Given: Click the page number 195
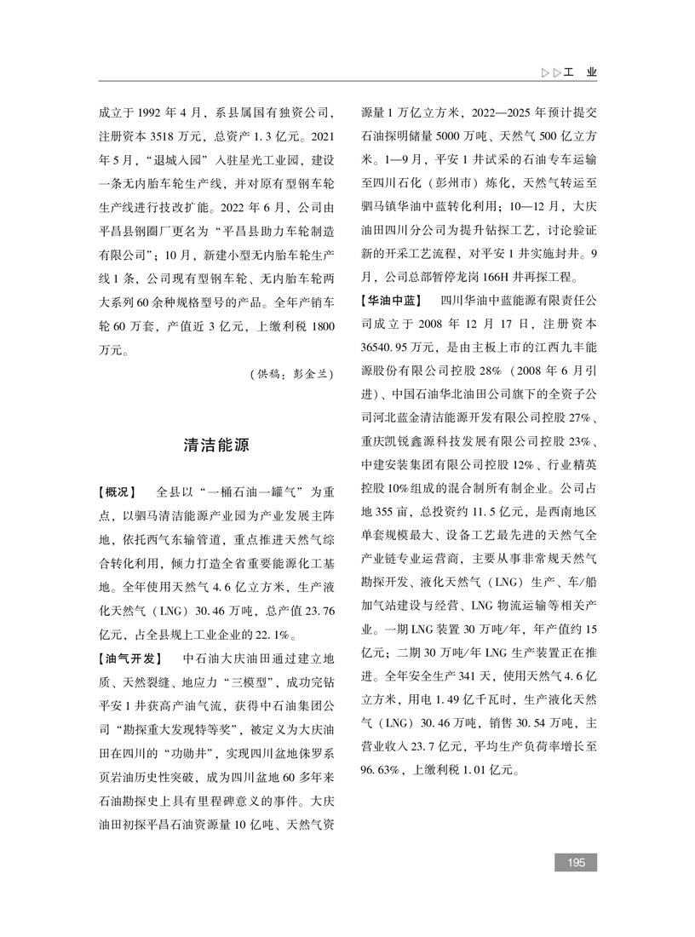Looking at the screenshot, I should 576,863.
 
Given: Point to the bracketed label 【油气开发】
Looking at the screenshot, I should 129,658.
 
